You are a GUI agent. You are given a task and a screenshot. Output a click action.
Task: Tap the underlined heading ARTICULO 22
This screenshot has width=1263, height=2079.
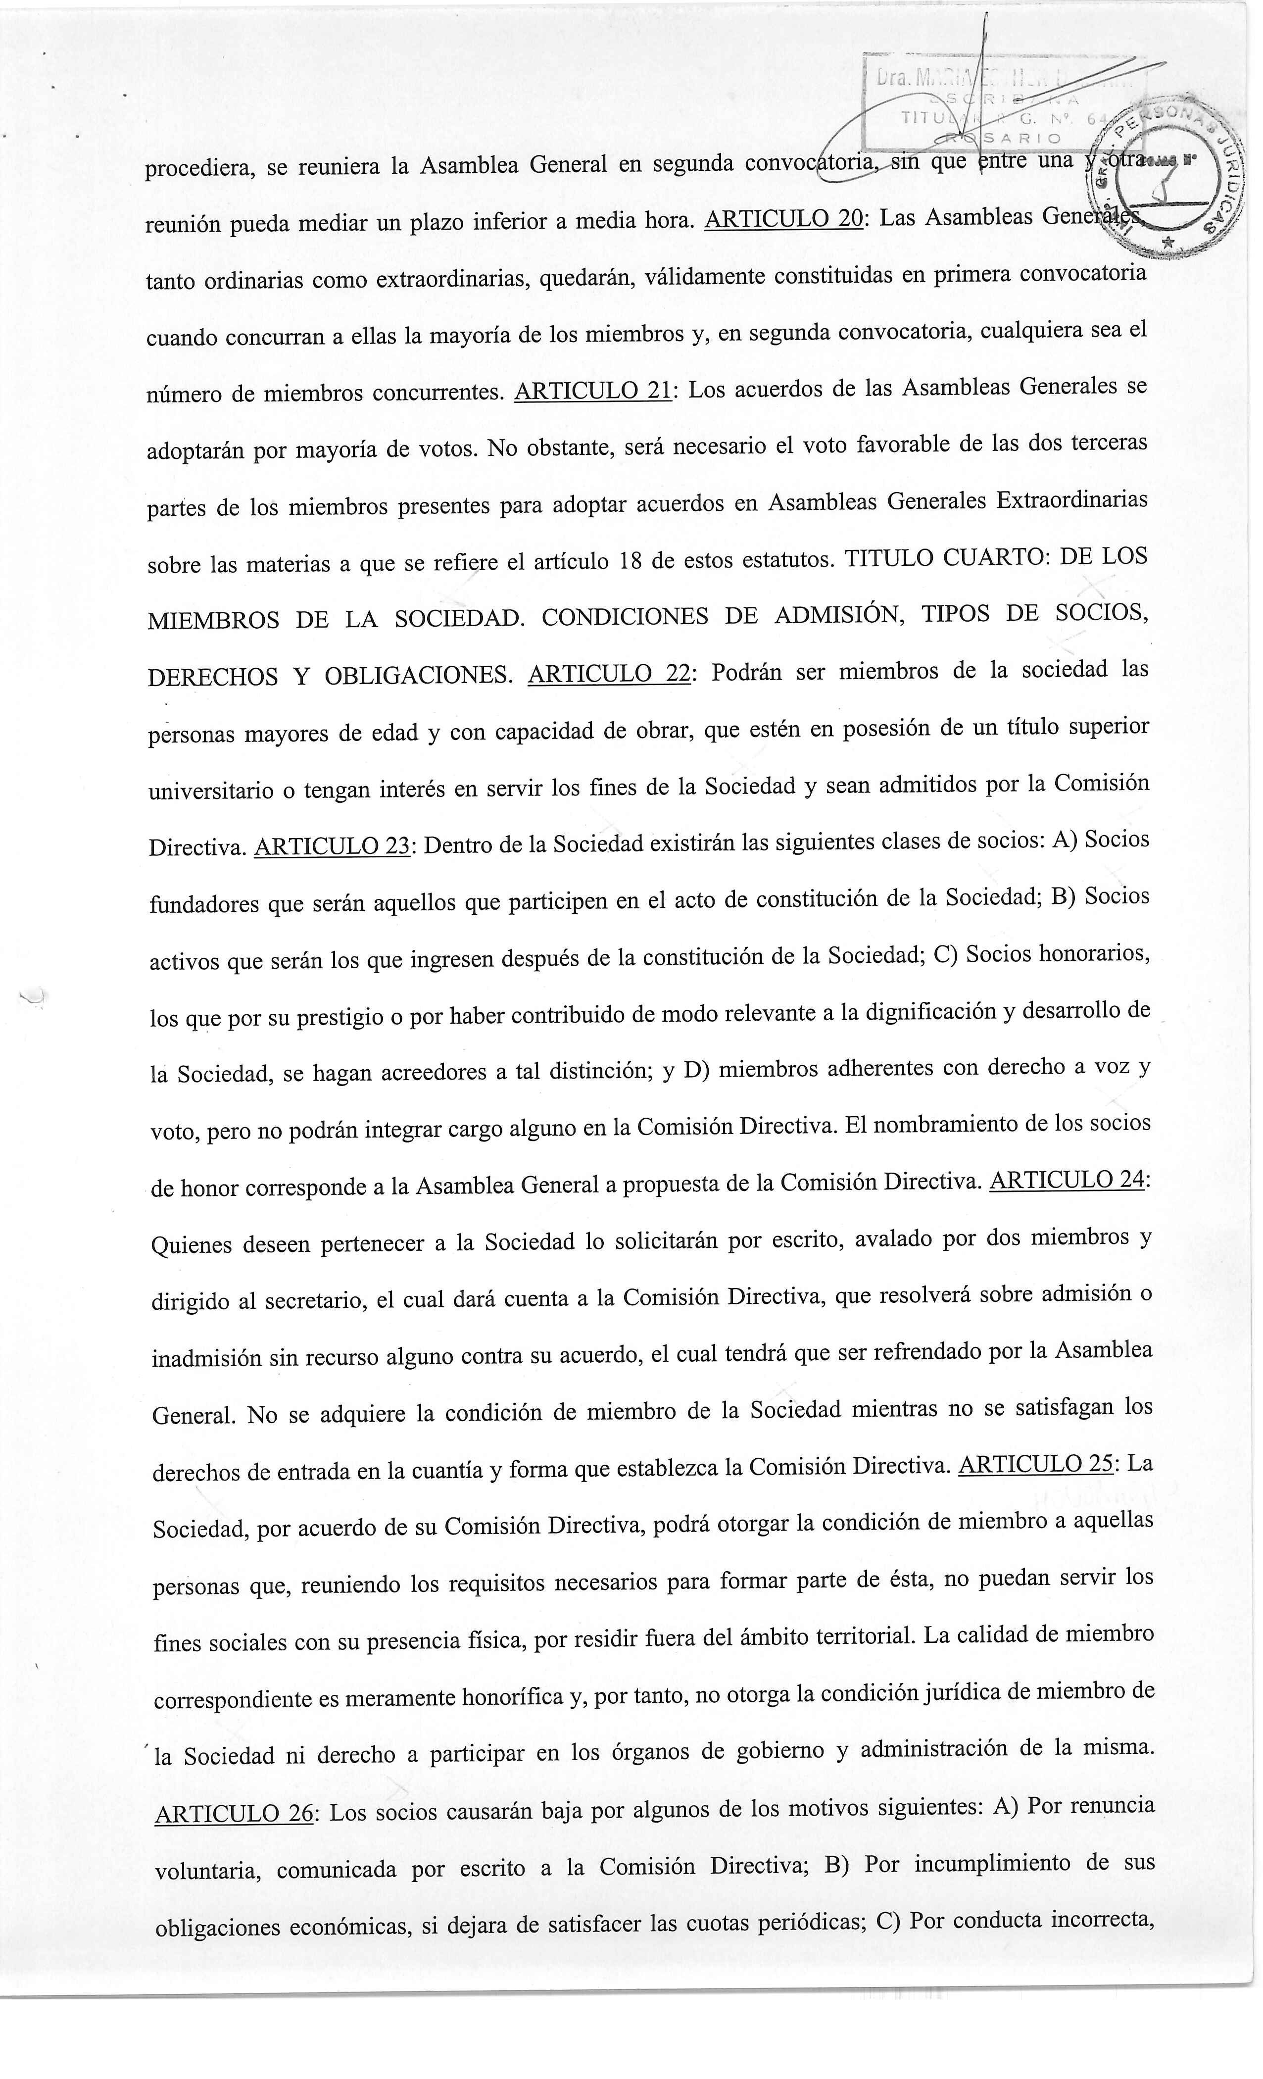608,673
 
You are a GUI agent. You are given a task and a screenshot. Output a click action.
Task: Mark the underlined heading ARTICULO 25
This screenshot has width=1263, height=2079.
1036,1464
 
